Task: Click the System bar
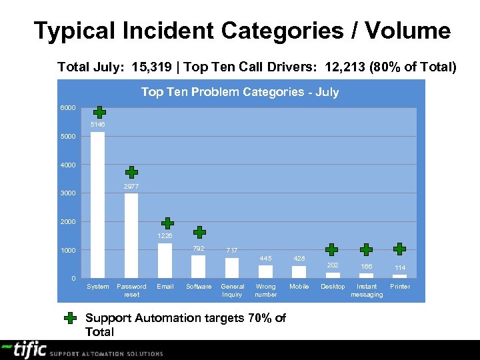click(97, 205)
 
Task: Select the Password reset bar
click(131, 235)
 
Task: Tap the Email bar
click(165, 260)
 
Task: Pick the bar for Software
click(198, 267)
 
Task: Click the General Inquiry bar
click(232, 268)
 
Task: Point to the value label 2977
click(131, 187)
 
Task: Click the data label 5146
click(97, 125)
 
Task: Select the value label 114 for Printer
click(400, 268)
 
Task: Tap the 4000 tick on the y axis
click(67, 165)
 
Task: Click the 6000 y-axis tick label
click(67, 108)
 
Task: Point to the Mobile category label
click(299, 287)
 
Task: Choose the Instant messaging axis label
click(367, 291)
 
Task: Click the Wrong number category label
click(266, 291)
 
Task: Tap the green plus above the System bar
click(99, 112)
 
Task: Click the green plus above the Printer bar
click(399, 249)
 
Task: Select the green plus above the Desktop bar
click(331, 250)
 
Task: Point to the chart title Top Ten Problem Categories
click(240, 92)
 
